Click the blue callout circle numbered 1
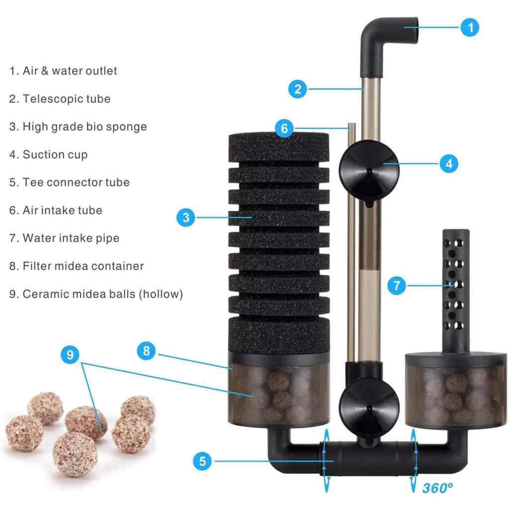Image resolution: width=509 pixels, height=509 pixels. tap(470, 27)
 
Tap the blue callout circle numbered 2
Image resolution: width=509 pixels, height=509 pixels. tap(298, 89)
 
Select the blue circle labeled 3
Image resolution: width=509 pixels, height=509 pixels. tap(186, 217)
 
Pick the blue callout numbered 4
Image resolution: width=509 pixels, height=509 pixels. tap(449, 164)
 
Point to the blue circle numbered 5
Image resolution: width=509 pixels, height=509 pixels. tap(203, 461)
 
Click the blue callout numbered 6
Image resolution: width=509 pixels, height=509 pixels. tap(284, 128)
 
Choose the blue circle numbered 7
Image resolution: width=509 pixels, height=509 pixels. tap(397, 286)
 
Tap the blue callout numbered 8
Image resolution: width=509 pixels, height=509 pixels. tap(147, 350)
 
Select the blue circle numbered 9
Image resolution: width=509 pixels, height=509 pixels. tap(70, 354)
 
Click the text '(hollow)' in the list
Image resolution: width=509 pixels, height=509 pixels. tap(161, 294)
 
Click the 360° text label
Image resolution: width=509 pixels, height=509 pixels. tap(437, 488)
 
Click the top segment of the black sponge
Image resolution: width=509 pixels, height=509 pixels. tap(279, 147)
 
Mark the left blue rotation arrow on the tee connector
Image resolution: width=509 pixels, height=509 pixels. tap(326, 460)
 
